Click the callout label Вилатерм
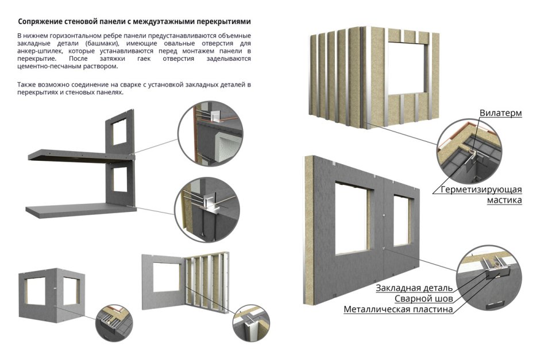tap(500, 113)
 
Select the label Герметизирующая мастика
tap(481, 195)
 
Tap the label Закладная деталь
tap(414, 288)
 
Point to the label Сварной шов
tap(423, 299)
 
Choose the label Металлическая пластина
tap(398, 309)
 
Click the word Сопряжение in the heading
tap(40, 22)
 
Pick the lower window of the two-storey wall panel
tap(119, 179)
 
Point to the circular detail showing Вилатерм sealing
tap(470, 151)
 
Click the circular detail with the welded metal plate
tap(489, 278)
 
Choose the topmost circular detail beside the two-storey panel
tap(210, 134)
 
